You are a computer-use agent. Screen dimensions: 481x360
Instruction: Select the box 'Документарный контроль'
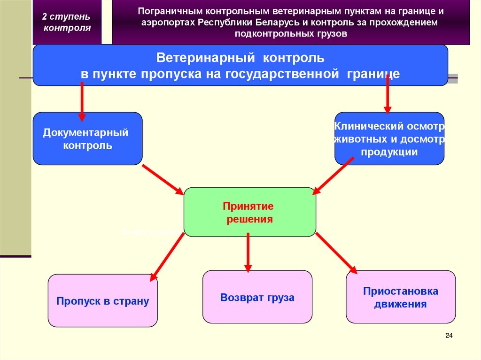(x=87, y=138)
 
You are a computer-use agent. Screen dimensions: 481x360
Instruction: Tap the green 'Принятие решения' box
(x=249, y=212)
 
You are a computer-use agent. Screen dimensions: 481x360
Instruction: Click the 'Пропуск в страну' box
(x=102, y=301)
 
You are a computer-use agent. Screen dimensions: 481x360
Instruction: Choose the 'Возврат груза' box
(x=257, y=297)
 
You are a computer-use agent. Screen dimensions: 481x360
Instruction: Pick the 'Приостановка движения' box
(x=401, y=297)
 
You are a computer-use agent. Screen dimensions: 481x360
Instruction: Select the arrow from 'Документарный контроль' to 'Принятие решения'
(x=163, y=179)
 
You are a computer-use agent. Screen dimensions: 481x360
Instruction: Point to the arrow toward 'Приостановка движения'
(x=336, y=253)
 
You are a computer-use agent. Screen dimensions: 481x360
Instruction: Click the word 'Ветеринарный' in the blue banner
(x=206, y=58)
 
